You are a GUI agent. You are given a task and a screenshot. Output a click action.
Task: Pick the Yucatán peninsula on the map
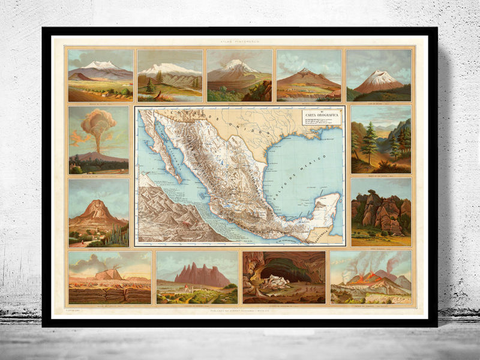click(324, 207)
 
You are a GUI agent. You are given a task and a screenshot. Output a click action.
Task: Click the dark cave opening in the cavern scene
click(285, 270)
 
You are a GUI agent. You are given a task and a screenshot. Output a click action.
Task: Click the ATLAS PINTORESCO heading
click(239, 41)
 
